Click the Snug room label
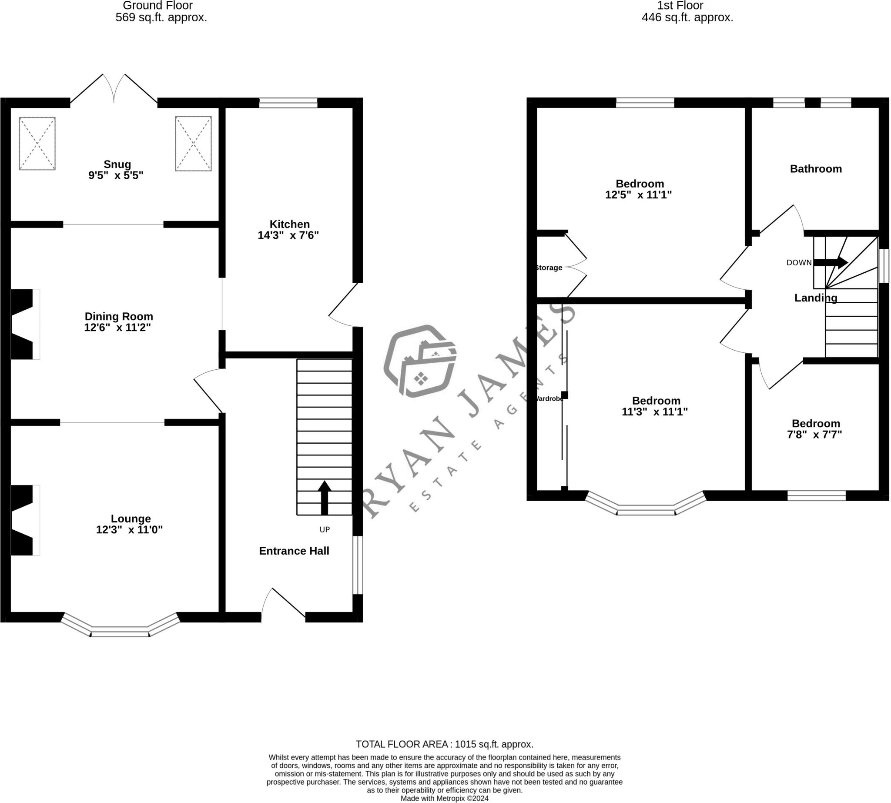tap(117, 164)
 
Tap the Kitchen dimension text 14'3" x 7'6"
tap(288, 235)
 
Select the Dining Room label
tap(119, 316)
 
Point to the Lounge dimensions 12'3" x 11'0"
tap(129, 529)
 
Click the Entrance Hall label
tap(294, 551)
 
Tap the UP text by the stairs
tap(325, 529)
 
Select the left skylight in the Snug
tap(37, 144)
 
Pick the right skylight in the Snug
tap(193, 144)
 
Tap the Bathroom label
tap(816, 168)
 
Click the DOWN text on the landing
tap(799, 263)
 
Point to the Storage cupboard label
tap(549, 268)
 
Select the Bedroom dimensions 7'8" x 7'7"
tap(814, 435)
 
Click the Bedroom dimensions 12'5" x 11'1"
tap(638, 194)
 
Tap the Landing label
tap(816, 298)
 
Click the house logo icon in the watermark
tap(420, 361)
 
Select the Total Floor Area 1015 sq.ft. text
tap(444, 744)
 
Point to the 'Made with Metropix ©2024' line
tap(444, 798)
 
